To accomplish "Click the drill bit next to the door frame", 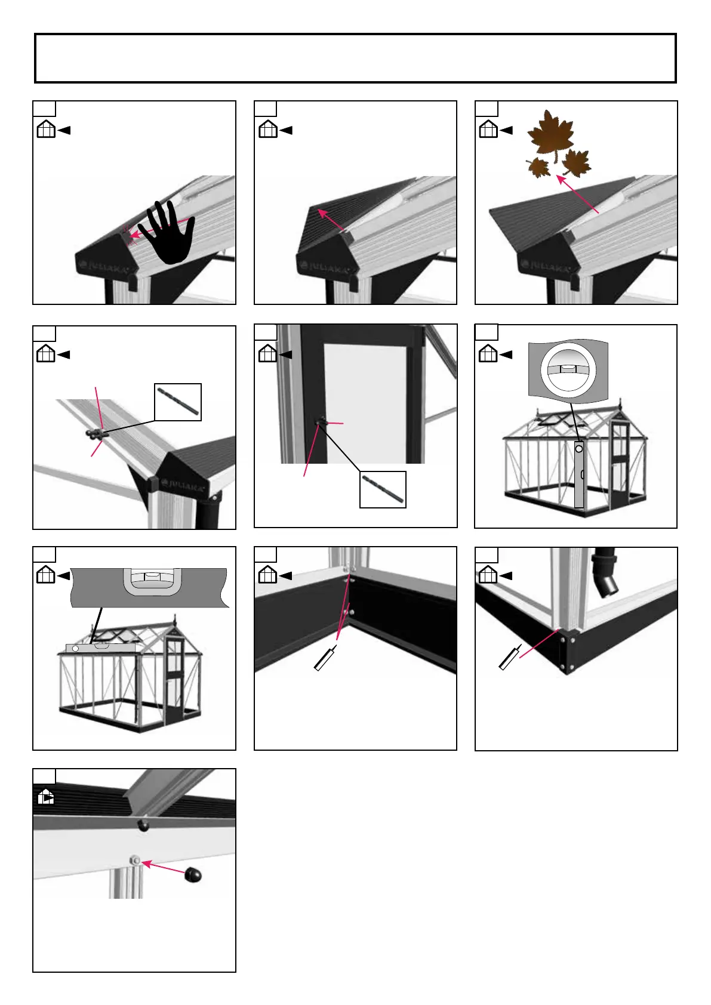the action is (383, 489).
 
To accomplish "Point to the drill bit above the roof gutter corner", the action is (178, 402).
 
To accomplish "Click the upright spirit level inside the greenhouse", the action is (578, 474).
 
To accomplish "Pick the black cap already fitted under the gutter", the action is (143, 825).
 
